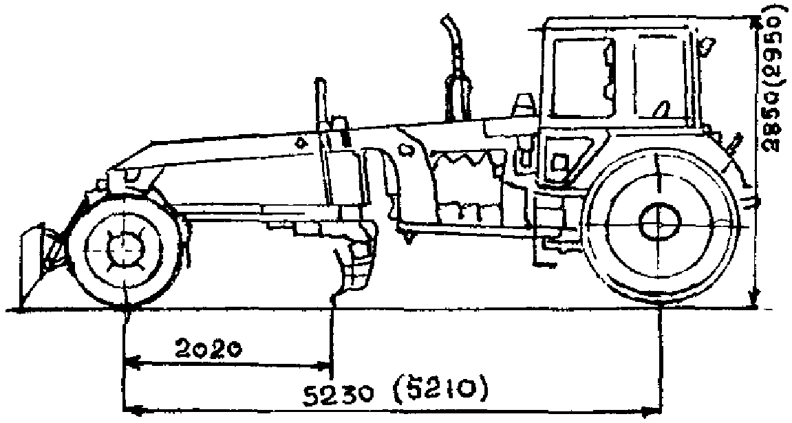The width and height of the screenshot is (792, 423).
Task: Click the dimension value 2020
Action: tap(207, 349)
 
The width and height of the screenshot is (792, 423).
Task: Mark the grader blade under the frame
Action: tap(354, 265)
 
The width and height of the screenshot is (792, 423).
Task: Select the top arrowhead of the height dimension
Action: tap(755, 22)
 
